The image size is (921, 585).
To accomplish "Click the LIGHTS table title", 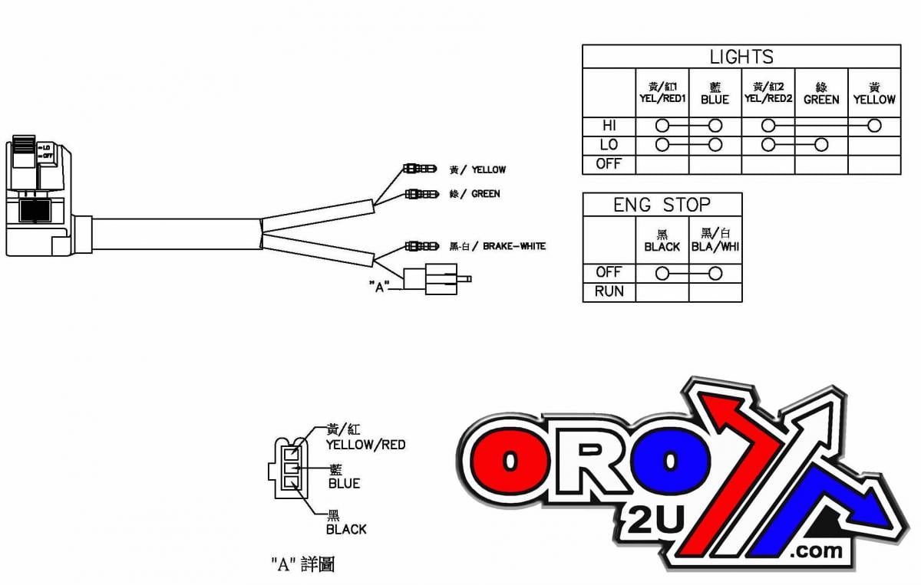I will (x=741, y=57).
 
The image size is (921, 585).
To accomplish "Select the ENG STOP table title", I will (x=662, y=205).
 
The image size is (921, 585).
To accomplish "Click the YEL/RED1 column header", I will (x=662, y=94).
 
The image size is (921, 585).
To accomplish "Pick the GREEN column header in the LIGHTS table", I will (x=820, y=94).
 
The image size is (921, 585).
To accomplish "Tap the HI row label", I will (x=609, y=126).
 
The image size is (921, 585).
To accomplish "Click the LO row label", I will (x=609, y=145).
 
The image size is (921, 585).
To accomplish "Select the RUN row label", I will (x=609, y=291).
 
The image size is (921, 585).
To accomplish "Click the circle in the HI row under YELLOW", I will (x=873, y=126).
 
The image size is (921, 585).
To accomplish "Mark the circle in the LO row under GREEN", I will (x=820, y=145).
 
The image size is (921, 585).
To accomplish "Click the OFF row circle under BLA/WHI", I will (x=715, y=273).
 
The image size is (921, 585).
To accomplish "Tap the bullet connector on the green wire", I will (x=419, y=194).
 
